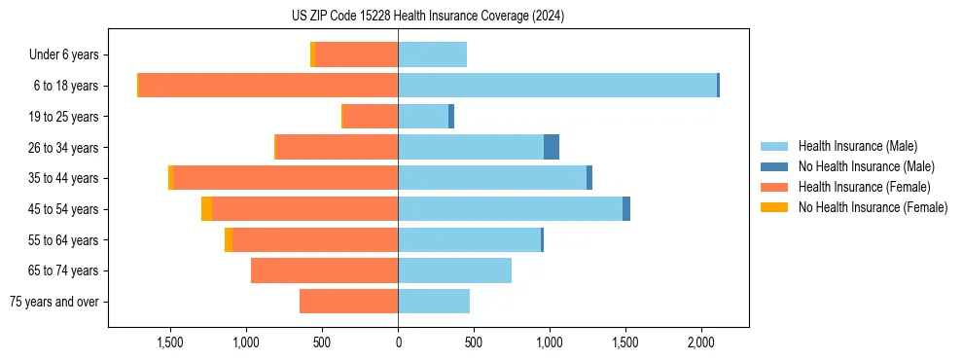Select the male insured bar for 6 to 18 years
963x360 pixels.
click(x=556, y=86)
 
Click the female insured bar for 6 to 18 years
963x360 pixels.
click(x=268, y=86)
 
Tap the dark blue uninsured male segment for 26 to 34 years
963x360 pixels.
click(x=552, y=147)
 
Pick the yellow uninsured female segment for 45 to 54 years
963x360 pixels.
click(x=206, y=209)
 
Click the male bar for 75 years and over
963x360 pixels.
click(x=434, y=302)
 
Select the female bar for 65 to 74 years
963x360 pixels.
click(x=324, y=270)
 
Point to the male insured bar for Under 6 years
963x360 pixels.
click(x=432, y=54)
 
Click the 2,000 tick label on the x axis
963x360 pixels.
click(x=701, y=342)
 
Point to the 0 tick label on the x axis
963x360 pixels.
click(x=398, y=342)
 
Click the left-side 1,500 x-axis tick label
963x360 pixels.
click(x=170, y=342)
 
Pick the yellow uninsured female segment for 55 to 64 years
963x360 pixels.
click(x=229, y=240)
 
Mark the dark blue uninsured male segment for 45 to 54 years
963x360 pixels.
click(x=626, y=209)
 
